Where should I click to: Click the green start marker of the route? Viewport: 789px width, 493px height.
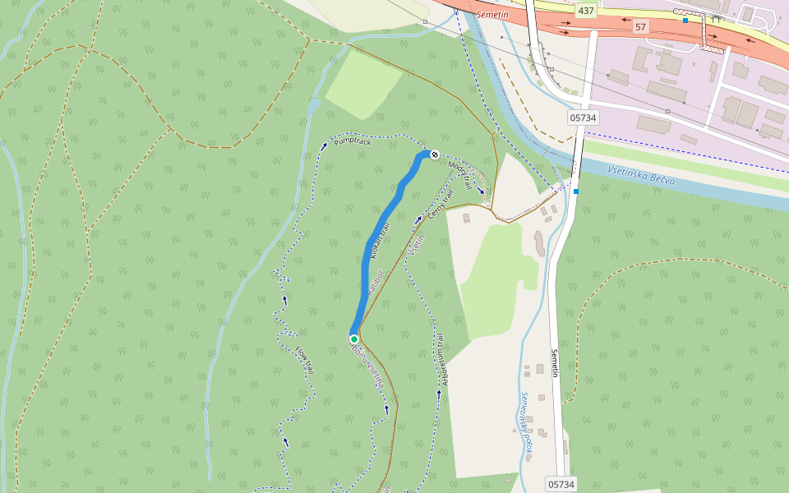(x=354, y=339)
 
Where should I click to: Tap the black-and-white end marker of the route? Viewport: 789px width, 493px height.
(x=434, y=154)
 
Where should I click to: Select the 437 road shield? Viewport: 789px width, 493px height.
(x=585, y=11)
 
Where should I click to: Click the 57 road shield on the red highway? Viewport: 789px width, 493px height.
(x=641, y=27)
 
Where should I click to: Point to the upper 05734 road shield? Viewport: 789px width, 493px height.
(x=582, y=117)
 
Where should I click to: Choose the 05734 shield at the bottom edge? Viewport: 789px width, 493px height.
(x=561, y=484)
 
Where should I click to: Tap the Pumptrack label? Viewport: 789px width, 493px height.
(x=353, y=142)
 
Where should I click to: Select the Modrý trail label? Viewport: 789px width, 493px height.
(x=460, y=174)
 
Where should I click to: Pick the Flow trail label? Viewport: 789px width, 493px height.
(x=305, y=360)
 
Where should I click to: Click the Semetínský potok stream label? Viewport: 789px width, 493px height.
(x=527, y=422)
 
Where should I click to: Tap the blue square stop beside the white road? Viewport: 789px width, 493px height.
(x=576, y=191)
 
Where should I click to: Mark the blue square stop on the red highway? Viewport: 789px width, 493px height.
(x=685, y=20)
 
